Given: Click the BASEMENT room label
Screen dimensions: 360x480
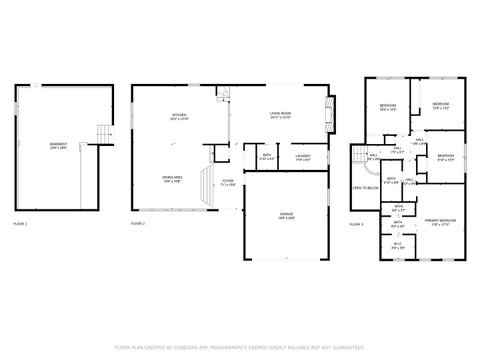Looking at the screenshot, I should click(x=59, y=145).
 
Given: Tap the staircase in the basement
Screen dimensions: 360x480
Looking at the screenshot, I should click(x=99, y=133).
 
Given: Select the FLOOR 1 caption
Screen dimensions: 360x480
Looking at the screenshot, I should click(x=20, y=224).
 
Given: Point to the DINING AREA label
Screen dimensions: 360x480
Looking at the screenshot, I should click(x=171, y=180).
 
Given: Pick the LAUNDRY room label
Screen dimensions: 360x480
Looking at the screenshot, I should click(x=303, y=156).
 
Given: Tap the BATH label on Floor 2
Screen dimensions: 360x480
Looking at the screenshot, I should click(x=267, y=156).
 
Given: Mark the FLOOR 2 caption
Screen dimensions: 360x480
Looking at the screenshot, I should click(x=138, y=224).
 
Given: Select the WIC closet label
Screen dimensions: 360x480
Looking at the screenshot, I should click(x=398, y=245).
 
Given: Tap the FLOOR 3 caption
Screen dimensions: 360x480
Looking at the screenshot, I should click(x=356, y=224).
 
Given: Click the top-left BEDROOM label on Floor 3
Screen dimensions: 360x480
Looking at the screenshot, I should click(x=388, y=106).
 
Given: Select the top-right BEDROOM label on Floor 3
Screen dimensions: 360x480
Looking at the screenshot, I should click(x=441, y=105).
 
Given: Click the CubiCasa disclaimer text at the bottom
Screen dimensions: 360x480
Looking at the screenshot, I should click(x=240, y=347).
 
